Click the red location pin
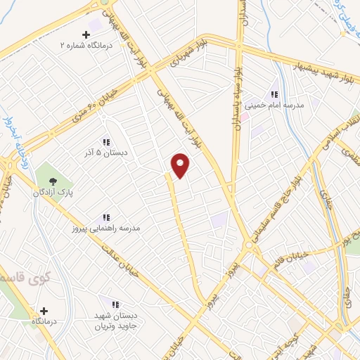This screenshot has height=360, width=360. point(181,166)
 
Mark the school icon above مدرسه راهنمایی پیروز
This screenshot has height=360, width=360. point(106,218)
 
